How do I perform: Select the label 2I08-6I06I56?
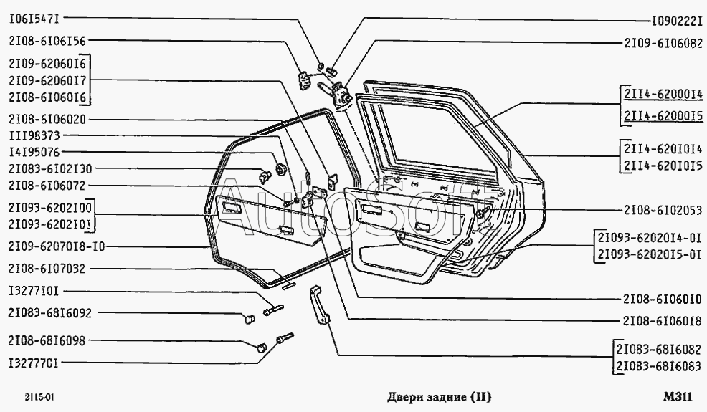click(47, 41)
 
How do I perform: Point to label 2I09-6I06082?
click(663, 42)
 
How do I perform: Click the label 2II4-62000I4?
click(663, 96)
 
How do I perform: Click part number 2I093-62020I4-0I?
click(648, 238)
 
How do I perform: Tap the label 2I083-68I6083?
click(658, 367)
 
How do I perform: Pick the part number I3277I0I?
click(34, 292)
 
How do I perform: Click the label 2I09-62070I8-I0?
click(57, 247)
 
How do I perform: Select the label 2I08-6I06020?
click(47, 119)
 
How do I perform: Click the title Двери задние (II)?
click(439, 396)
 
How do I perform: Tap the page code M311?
click(678, 396)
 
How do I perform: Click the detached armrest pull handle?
click(320, 304)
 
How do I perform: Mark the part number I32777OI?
click(34, 363)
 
